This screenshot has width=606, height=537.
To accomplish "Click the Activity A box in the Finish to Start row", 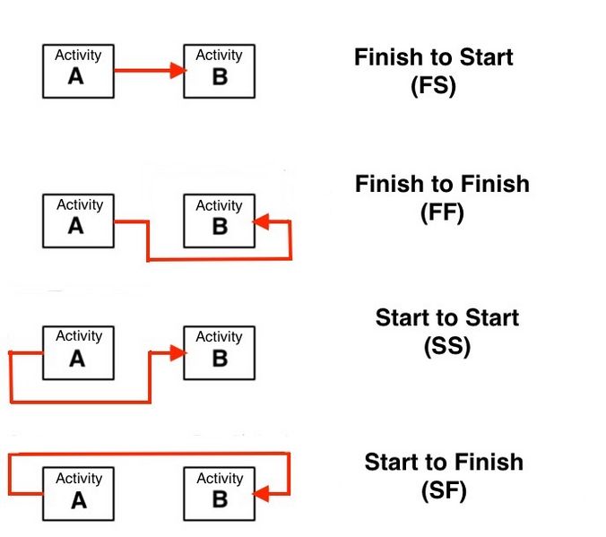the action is tap(78, 71).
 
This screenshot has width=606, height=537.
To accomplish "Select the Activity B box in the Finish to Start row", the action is tap(219, 71).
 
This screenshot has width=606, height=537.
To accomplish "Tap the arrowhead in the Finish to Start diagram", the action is tap(178, 70).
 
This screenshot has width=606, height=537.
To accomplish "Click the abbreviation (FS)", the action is tap(433, 86).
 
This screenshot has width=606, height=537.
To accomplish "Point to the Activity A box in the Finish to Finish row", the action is tap(78, 221).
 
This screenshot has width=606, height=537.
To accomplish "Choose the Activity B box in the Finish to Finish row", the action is tap(219, 221).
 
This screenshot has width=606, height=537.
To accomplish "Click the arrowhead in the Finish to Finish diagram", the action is tap(261, 222).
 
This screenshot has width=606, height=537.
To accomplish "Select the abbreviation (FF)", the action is tap(442, 212).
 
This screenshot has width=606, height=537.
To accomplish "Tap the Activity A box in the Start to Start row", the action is tap(78, 353).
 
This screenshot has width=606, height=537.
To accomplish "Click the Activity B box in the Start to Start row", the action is tap(219, 353).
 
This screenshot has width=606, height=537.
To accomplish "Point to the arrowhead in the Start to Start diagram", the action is tap(178, 353).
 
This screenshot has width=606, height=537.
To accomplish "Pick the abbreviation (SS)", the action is tap(447, 346).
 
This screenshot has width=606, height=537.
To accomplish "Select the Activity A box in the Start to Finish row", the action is tap(78, 494).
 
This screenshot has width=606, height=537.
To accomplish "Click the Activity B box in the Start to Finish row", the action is tap(219, 494).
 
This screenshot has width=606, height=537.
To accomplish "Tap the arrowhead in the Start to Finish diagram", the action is tap(261, 494).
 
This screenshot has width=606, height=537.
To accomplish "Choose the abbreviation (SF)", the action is tap(444, 491).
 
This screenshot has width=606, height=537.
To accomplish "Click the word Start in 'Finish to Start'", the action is tap(486, 57).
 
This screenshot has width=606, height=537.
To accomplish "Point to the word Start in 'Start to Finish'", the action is tap(391, 462).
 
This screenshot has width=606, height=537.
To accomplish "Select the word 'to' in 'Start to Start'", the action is tap(447, 317).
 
